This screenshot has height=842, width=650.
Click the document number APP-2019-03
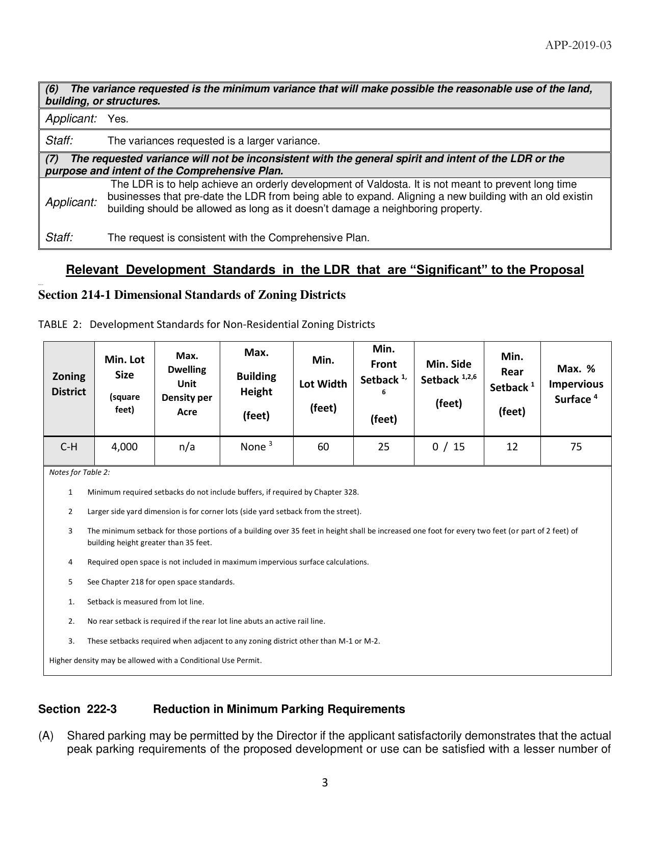point(578,45)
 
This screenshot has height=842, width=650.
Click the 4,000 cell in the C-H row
point(124,447)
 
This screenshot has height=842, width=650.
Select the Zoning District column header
point(69,384)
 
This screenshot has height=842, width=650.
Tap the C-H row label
point(69,447)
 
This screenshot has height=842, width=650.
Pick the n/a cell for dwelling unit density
point(187,447)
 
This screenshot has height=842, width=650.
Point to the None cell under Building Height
point(255,447)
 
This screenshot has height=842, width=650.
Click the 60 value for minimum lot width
point(323,447)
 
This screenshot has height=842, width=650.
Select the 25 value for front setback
point(383,447)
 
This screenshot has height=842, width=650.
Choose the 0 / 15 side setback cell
point(449,447)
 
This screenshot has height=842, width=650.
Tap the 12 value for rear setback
point(512,447)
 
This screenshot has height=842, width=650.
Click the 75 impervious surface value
point(576,447)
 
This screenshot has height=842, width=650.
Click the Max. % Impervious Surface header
point(576,384)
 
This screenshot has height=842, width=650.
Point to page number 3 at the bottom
point(325,782)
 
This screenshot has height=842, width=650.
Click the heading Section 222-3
point(77,709)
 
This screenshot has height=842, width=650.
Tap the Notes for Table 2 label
point(80,472)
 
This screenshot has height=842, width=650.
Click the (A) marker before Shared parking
point(46,736)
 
